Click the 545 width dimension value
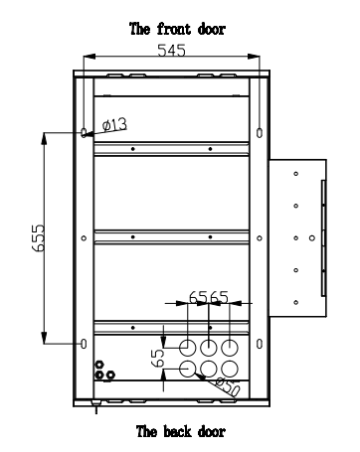[171, 51]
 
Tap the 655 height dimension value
[39, 238]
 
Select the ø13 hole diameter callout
[114, 125]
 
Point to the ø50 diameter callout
[228, 385]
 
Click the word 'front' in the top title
[174, 29]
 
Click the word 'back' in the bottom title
[178, 431]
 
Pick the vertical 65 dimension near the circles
[158, 358]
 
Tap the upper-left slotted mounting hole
[84, 133]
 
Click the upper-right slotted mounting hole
[260, 133]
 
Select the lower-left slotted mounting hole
[84, 344]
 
